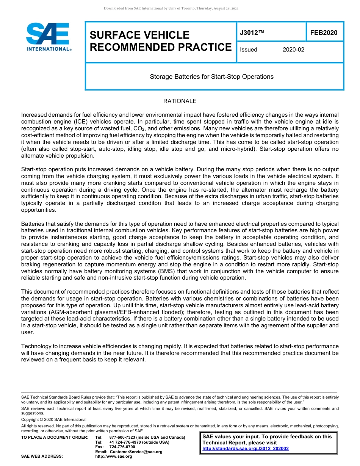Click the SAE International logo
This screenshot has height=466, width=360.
click(x=49, y=37)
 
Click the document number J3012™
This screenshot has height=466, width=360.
click(x=252, y=33)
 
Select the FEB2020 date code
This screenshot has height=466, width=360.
click(x=324, y=33)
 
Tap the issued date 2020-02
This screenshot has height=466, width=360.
click(x=293, y=50)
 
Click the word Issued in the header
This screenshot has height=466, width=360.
click(x=249, y=50)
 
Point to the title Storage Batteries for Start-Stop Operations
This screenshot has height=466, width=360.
click(x=211, y=77)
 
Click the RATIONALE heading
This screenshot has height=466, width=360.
click(x=180, y=101)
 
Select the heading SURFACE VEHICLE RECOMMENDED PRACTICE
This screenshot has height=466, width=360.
click(x=160, y=41)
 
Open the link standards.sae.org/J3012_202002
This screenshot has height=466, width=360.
click(x=246, y=448)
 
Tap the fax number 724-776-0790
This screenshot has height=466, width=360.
click(x=122, y=447)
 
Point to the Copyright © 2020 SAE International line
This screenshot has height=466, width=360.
click(x=54, y=419)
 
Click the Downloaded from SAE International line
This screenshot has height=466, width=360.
click(x=171, y=8)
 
